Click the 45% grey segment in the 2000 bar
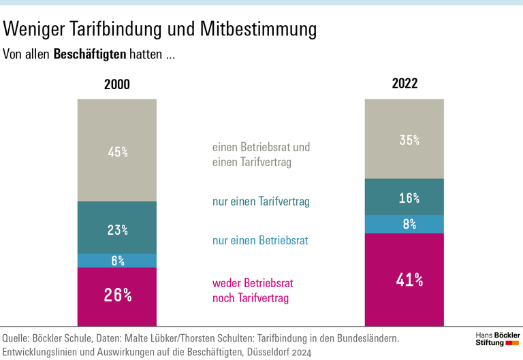click(117, 150)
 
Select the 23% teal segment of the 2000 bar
click(117, 228)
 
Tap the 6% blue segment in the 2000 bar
click(117, 261)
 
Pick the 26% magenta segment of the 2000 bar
click(117, 296)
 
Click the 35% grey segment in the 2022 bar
click(405, 139)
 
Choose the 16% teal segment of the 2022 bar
click(405, 197)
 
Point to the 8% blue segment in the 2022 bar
click(405, 224)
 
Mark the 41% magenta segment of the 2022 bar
click(405, 280)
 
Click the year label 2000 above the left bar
click(116, 85)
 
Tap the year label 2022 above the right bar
click(405, 84)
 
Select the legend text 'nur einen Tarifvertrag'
click(261, 201)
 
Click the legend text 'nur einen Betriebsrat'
click(259, 240)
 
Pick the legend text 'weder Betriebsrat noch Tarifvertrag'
click(253, 291)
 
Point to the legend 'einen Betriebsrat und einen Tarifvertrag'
click(261, 154)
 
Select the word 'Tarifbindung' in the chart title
click(114, 30)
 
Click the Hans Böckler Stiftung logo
click(496, 338)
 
